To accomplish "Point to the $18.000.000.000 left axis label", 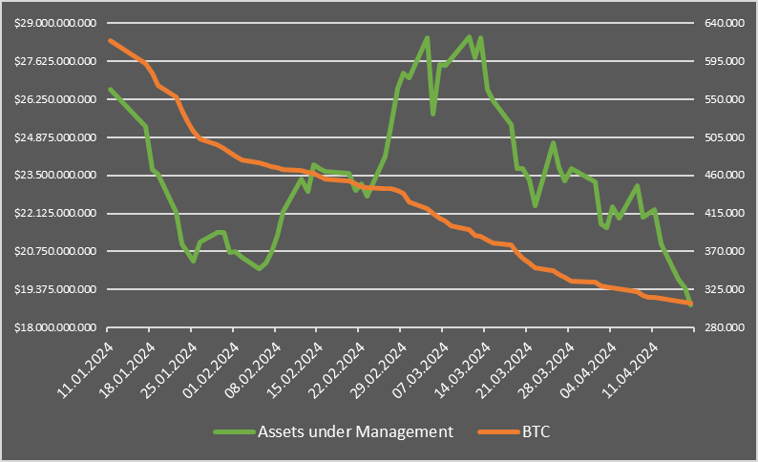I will [59, 327].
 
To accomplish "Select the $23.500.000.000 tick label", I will [59, 175].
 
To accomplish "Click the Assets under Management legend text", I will [354, 432].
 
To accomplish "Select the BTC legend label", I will [537, 432].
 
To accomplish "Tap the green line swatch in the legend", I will [233, 432].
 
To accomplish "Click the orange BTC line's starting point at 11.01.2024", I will [110, 40].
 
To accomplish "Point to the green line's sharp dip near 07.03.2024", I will [433, 114].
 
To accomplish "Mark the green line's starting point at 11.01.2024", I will [110, 89].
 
